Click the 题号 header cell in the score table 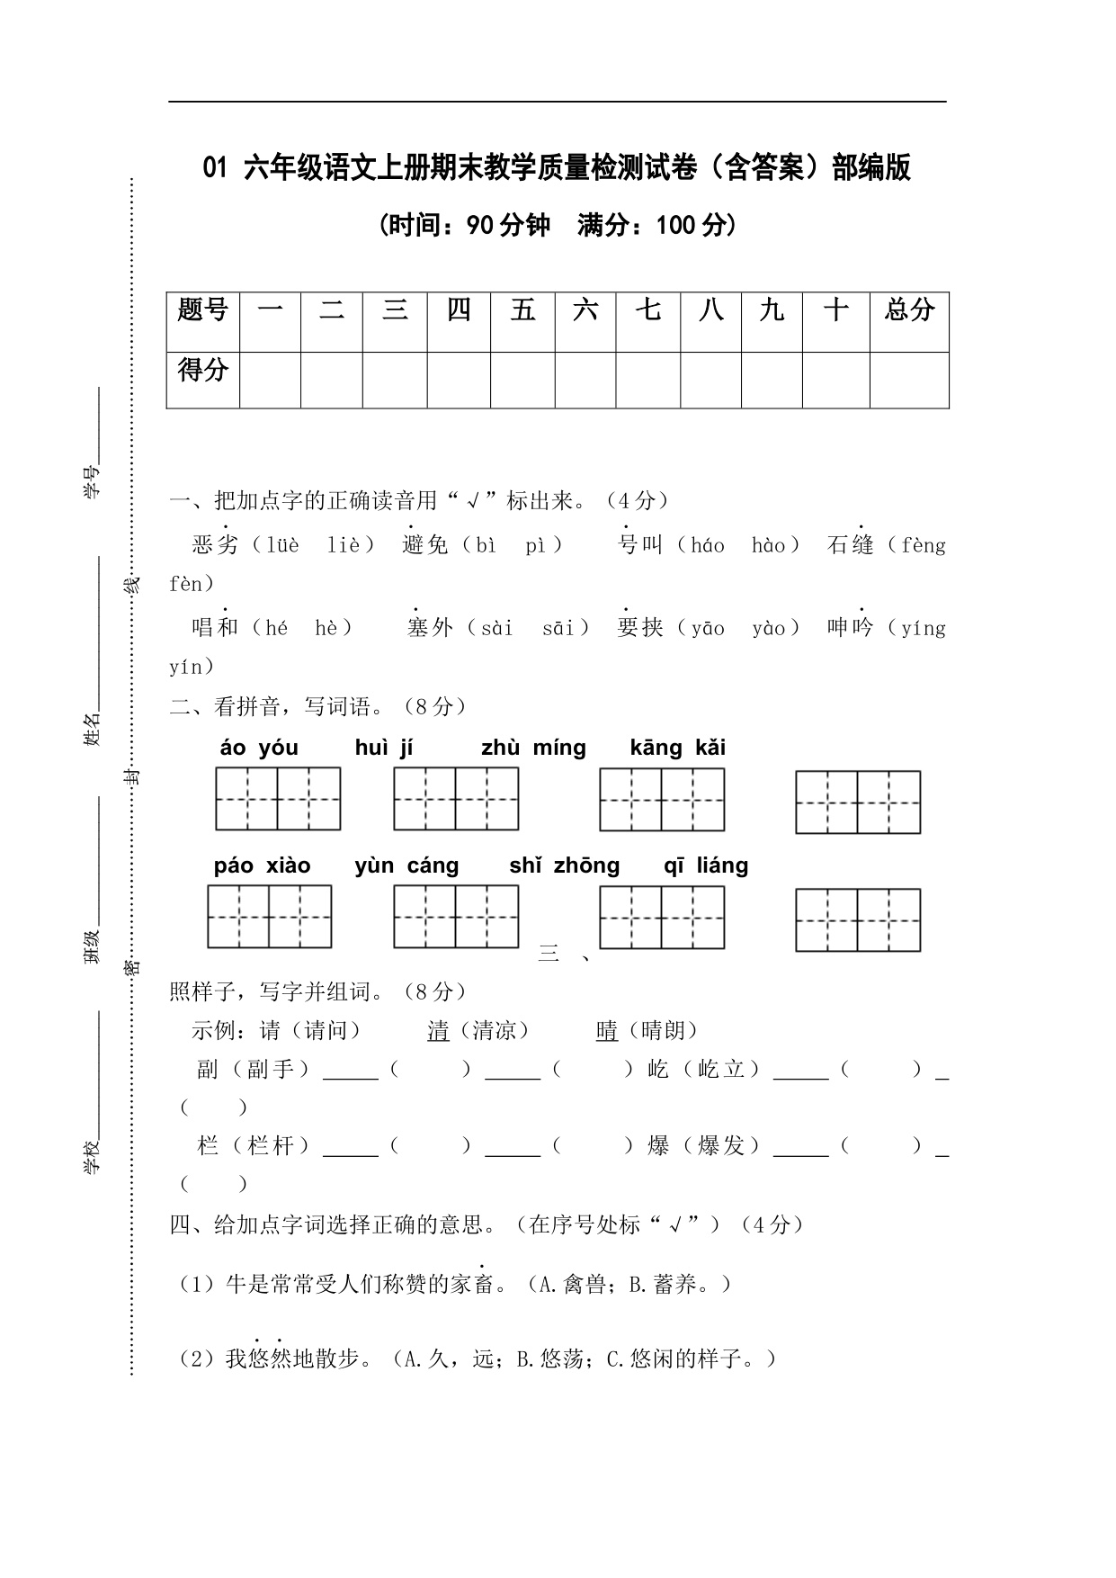[203, 311]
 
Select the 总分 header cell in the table [909, 311]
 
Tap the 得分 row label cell [203, 371]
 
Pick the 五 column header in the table [522, 311]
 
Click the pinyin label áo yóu [259, 748]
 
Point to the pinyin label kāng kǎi [678, 748]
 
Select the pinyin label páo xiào [262, 865]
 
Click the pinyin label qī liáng [706, 865]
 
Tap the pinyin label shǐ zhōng [564, 865]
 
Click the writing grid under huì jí [456, 799]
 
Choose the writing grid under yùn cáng [456, 917]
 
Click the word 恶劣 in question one [215, 545]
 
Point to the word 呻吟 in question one [851, 627]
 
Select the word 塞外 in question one [430, 627]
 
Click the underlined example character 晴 [607, 1031]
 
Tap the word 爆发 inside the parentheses [721, 1145]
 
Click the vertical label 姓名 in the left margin [92, 729]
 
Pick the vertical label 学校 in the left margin [92, 1156]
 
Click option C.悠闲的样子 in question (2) [681, 1358]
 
